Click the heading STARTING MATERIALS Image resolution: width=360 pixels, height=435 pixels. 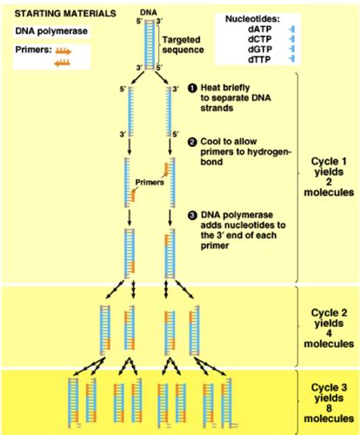[x=65, y=14]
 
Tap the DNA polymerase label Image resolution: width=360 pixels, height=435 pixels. [x=51, y=31]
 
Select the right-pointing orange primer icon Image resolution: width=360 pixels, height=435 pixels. [x=63, y=51]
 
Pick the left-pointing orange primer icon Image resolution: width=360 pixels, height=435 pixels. [x=62, y=63]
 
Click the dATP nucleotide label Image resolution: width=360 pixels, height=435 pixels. [x=260, y=30]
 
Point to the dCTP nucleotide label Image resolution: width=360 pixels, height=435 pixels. [x=260, y=39]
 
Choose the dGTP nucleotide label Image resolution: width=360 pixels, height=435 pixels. [x=260, y=50]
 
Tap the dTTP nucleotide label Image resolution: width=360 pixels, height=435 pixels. [x=259, y=59]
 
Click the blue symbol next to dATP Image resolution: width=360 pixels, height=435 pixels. [x=292, y=30]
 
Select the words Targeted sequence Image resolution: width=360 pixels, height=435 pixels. [x=183, y=44]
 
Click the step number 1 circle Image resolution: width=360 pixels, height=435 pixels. [x=192, y=88]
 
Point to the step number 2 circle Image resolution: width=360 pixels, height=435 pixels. [x=192, y=142]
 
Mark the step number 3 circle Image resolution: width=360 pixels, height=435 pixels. [x=192, y=216]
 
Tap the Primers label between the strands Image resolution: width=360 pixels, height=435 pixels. [x=150, y=183]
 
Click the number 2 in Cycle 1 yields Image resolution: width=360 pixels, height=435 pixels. [x=329, y=182]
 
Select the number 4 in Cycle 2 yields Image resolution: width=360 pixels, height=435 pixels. [x=329, y=333]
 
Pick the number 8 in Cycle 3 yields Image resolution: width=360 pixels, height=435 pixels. [x=329, y=408]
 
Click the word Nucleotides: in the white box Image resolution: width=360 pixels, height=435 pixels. [x=252, y=19]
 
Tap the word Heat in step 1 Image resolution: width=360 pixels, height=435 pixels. [x=210, y=88]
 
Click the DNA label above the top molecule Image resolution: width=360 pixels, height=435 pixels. [x=149, y=13]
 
